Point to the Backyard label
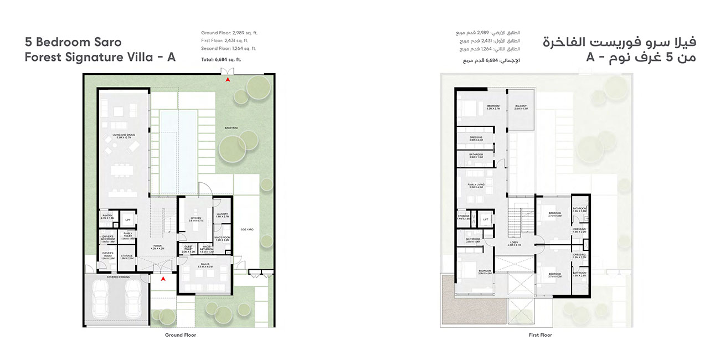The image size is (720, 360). pos(231,127)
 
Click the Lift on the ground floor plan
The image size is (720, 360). pos(128,220)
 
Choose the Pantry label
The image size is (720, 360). pos(107,217)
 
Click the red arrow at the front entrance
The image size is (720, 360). pos(163,279)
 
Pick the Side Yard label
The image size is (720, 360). pos(246,229)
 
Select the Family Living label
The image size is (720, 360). pos(476,186)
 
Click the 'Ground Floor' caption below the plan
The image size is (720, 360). pos(181,335)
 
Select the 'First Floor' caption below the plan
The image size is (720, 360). pos(540,335)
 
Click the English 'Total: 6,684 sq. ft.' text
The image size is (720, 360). pos(221,59)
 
